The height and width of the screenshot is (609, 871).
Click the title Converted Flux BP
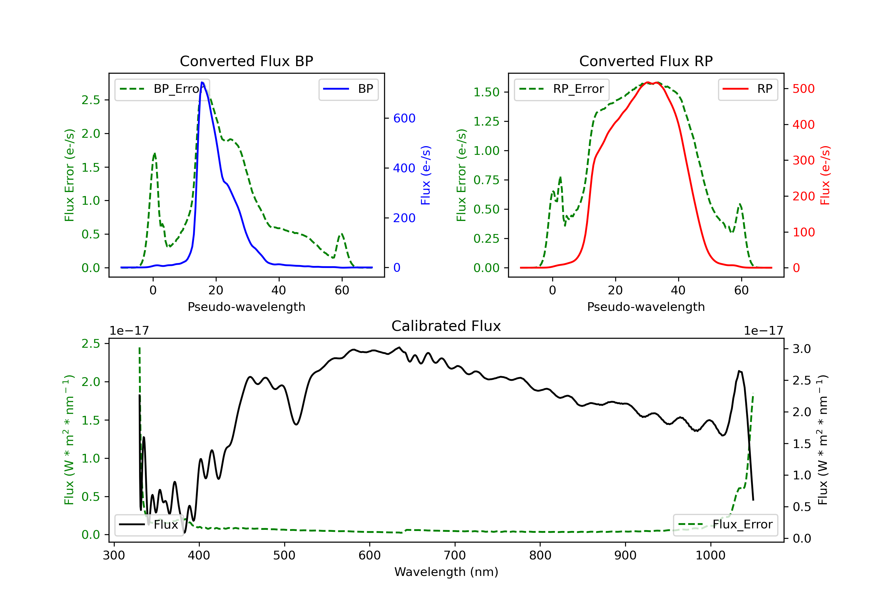click(x=246, y=61)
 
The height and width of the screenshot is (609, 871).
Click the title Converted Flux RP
click(x=646, y=61)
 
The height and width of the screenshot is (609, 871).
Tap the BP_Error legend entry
click(x=162, y=89)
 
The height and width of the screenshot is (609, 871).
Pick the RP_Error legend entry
click(x=562, y=89)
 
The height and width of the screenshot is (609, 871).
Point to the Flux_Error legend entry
click(x=725, y=525)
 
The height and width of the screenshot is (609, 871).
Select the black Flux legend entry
click(x=149, y=525)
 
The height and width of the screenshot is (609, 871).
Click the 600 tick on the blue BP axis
click(x=404, y=118)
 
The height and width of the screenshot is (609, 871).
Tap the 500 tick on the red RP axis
click(x=803, y=89)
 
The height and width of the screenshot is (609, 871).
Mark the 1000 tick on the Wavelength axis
click(x=710, y=556)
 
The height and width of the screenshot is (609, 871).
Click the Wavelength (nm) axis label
click(x=446, y=572)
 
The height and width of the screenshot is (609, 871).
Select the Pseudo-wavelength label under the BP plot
click(x=246, y=307)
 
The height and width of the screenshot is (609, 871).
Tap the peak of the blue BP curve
click(x=202, y=82)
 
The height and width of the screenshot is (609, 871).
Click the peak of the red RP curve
click(x=648, y=82)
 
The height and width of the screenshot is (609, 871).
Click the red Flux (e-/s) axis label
click(x=825, y=175)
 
